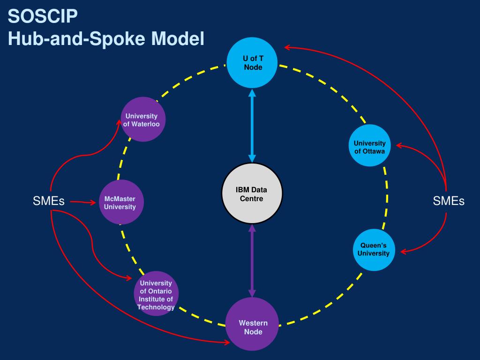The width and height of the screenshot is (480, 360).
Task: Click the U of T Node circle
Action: [x=252, y=63]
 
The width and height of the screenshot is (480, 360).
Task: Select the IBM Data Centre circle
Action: [x=252, y=193]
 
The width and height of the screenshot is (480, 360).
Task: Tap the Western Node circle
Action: [x=252, y=324]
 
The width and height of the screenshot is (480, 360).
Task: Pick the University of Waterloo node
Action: [x=143, y=119]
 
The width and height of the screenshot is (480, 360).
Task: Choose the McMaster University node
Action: [x=121, y=202]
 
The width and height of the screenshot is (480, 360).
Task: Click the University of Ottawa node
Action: [x=369, y=145]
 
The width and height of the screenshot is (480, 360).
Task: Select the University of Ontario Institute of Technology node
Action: [x=156, y=293]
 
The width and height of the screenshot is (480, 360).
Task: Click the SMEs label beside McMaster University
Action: [x=49, y=201]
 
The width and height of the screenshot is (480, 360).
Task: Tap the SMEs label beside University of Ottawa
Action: [x=449, y=201]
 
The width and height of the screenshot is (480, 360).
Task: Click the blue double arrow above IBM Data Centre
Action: [x=252, y=126]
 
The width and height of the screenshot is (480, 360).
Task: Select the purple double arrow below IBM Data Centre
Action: [x=252, y=261]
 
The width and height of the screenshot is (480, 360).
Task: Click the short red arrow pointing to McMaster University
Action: [x=83, y=202]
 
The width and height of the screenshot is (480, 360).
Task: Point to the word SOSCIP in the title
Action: [x=43, y=16]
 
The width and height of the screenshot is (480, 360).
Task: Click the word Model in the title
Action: [x=178, y=38]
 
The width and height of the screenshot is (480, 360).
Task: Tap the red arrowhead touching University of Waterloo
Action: [x=119, y=123]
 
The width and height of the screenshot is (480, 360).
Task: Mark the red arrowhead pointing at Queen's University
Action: [x=404, y=252]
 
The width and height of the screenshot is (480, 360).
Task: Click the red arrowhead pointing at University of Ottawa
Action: [x=399, y=145]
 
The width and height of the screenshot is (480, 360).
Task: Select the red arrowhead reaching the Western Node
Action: [x=226, y=342]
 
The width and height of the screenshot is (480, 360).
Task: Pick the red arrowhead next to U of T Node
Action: [x=288, y=47]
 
